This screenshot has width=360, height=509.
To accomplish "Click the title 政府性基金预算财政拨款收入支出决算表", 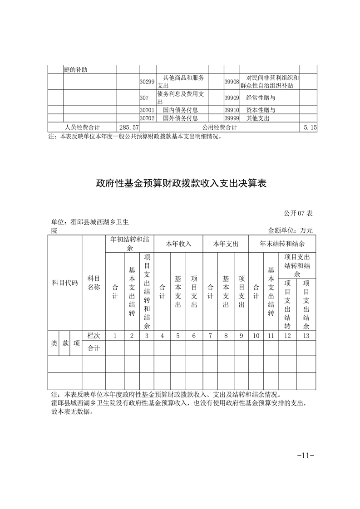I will (180, 184).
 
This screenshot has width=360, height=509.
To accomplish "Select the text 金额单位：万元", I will (291, 230).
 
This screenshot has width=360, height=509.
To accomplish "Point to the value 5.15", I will (311, 128).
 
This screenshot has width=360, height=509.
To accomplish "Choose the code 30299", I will (147, 82).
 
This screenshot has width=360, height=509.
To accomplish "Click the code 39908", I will (232, 82).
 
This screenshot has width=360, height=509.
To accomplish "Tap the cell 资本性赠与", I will (261, 110).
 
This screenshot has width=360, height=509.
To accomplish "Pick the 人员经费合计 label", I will (82, 128).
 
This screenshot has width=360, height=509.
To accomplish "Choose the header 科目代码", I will (65, 283).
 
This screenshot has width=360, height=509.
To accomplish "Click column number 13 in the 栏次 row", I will (306, 336).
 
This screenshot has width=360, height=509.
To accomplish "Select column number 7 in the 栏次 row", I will (210, 336).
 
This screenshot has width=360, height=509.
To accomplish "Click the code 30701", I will (147, 110).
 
